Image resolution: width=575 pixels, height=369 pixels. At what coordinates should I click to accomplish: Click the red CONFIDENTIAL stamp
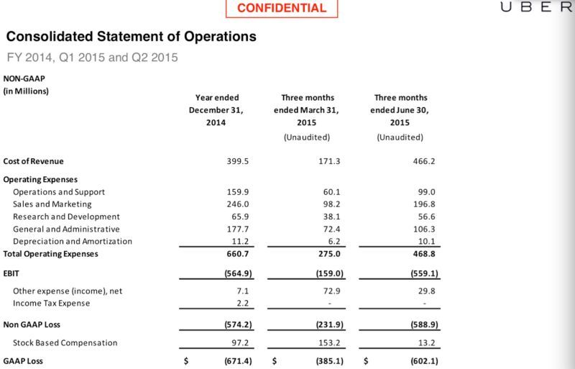(x=282, y=9)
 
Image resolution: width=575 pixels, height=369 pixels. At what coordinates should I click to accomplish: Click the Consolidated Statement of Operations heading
(x=131, y=35)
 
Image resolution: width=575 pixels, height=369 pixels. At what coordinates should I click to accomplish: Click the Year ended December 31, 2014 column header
(x=217, y=110)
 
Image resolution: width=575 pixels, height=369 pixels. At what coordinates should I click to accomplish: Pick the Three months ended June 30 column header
(x=400, y=110)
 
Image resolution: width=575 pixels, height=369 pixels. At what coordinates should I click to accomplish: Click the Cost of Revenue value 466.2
(x=423, y=161)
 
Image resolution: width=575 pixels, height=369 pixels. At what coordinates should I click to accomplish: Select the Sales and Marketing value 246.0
(x=237, y=204)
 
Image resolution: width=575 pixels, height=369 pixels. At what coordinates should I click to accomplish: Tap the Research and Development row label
(x=66, y=217)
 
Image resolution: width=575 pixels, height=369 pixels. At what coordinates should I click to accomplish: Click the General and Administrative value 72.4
(x=331, y=229)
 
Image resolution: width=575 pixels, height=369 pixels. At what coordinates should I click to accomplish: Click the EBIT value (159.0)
(x=326, y=274)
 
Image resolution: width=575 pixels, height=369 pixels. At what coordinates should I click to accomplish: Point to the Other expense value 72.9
(x=331, y=291)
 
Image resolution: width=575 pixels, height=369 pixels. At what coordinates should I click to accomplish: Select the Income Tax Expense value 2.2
(x=241, y=303)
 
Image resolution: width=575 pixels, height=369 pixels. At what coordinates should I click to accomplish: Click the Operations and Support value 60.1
(x=331, y=192)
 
